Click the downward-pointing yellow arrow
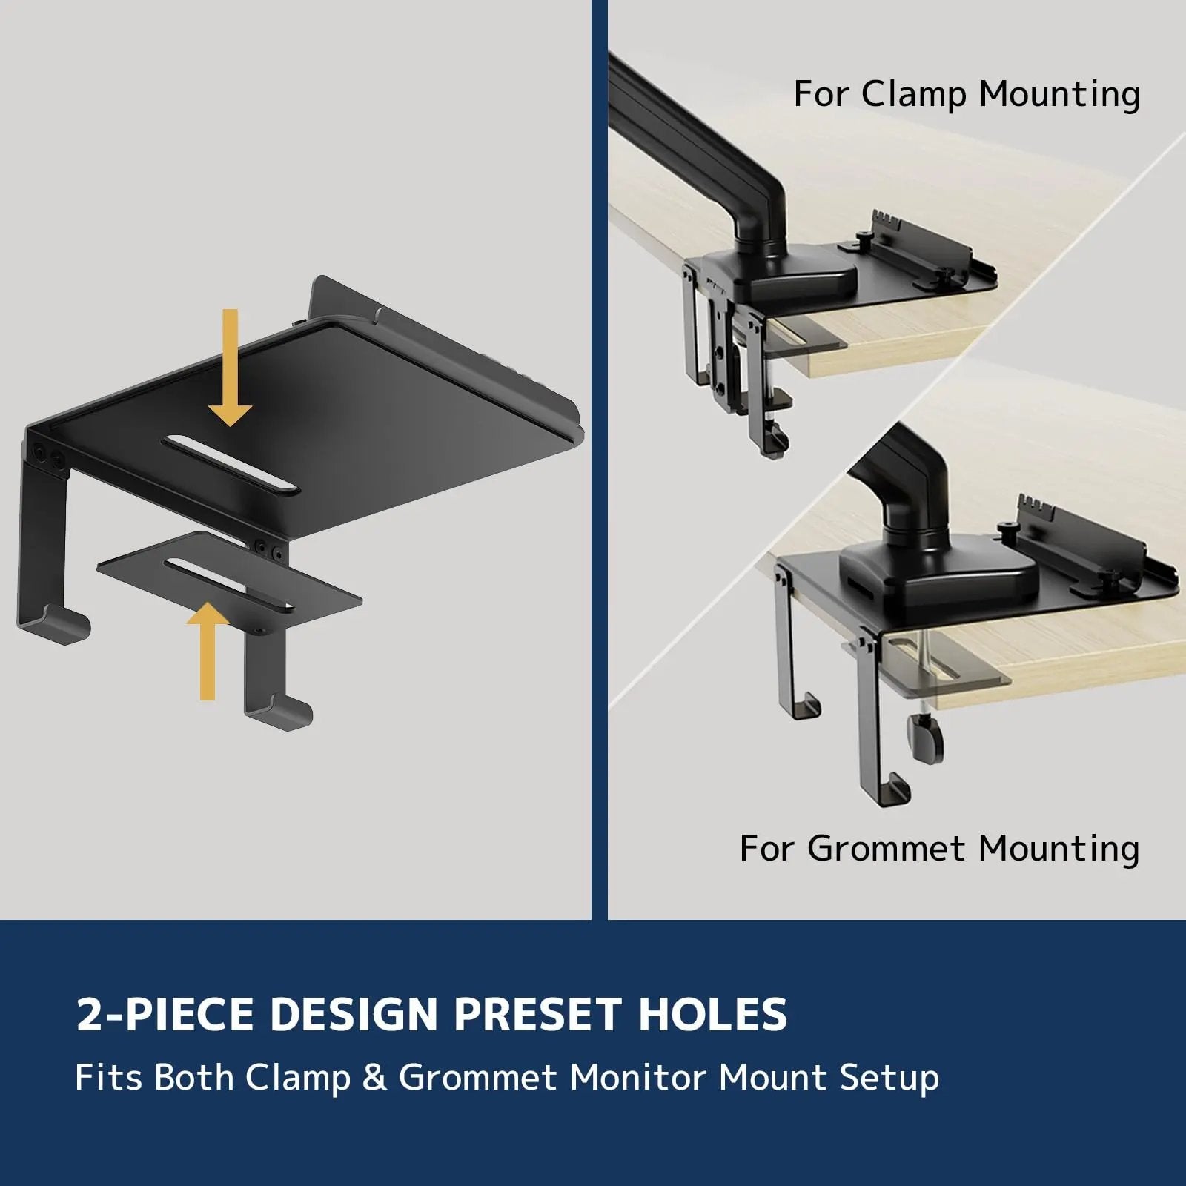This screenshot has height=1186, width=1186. [231, 371]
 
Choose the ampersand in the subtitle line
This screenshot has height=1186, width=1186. [374, 1078]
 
